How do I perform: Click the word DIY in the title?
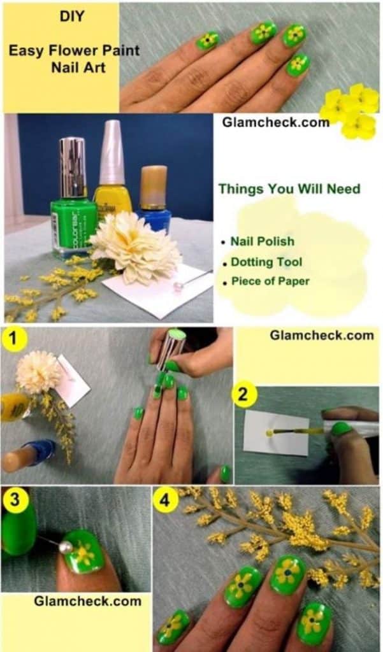[71, 16]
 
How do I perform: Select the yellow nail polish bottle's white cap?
[112, 153]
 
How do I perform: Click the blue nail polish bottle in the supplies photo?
[154, 199]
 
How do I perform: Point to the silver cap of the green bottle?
[73, 168]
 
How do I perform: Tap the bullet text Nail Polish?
[263, 241]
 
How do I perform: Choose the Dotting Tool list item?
[266, 262]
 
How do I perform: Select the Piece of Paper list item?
[270, 281]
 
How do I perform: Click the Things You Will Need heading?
[289, 188]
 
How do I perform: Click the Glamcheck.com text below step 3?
[87, 601]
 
